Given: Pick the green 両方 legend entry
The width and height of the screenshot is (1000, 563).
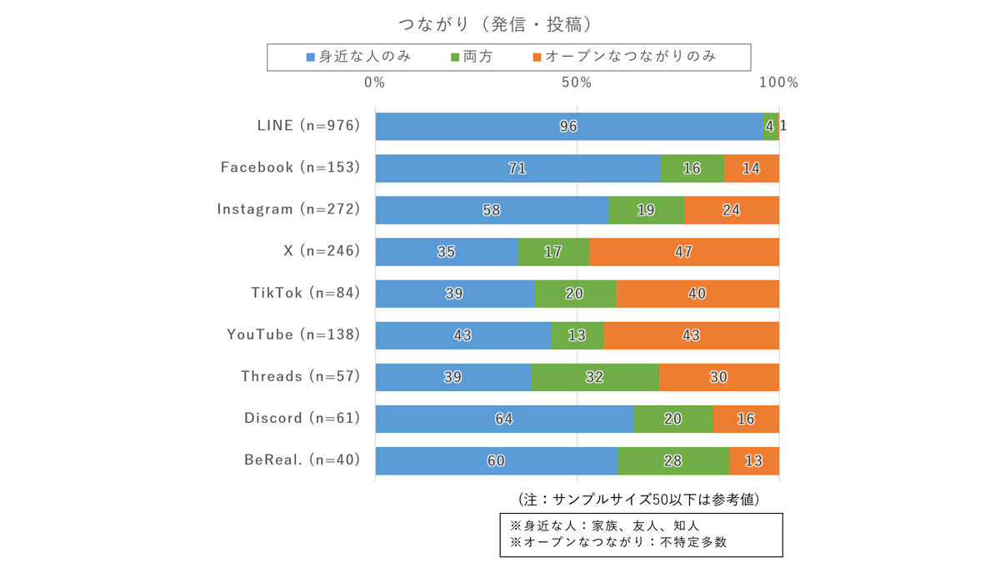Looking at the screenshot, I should coord(472,57).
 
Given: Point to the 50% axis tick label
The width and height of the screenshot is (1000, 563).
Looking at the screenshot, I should coord(577,83).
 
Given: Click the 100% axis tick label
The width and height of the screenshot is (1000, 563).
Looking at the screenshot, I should coord(780,83).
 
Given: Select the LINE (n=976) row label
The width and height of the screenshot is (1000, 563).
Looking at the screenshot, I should coord(308,126).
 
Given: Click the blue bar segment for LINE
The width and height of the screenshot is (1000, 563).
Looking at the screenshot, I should coord(569,126).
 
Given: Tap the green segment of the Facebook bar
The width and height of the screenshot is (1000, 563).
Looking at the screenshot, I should coord(692,168).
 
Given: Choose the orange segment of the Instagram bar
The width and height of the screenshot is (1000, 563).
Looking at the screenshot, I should coord(732,210).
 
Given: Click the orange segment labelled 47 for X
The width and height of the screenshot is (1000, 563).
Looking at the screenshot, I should coord(683,252).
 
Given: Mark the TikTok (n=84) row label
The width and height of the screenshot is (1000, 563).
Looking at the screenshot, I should coord(305,294).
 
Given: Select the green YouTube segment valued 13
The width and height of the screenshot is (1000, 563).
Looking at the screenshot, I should coord(577,335).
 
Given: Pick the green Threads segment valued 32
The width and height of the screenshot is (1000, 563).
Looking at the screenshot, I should coord(594,377).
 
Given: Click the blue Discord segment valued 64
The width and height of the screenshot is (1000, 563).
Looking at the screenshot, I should coord(504,419).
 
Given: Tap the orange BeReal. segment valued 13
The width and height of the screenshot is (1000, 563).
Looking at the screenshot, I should coord(754,460).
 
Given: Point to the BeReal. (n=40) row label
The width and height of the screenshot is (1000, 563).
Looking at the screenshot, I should coord(302,460).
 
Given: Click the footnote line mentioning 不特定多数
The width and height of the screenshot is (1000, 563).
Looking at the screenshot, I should coord(617,543).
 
